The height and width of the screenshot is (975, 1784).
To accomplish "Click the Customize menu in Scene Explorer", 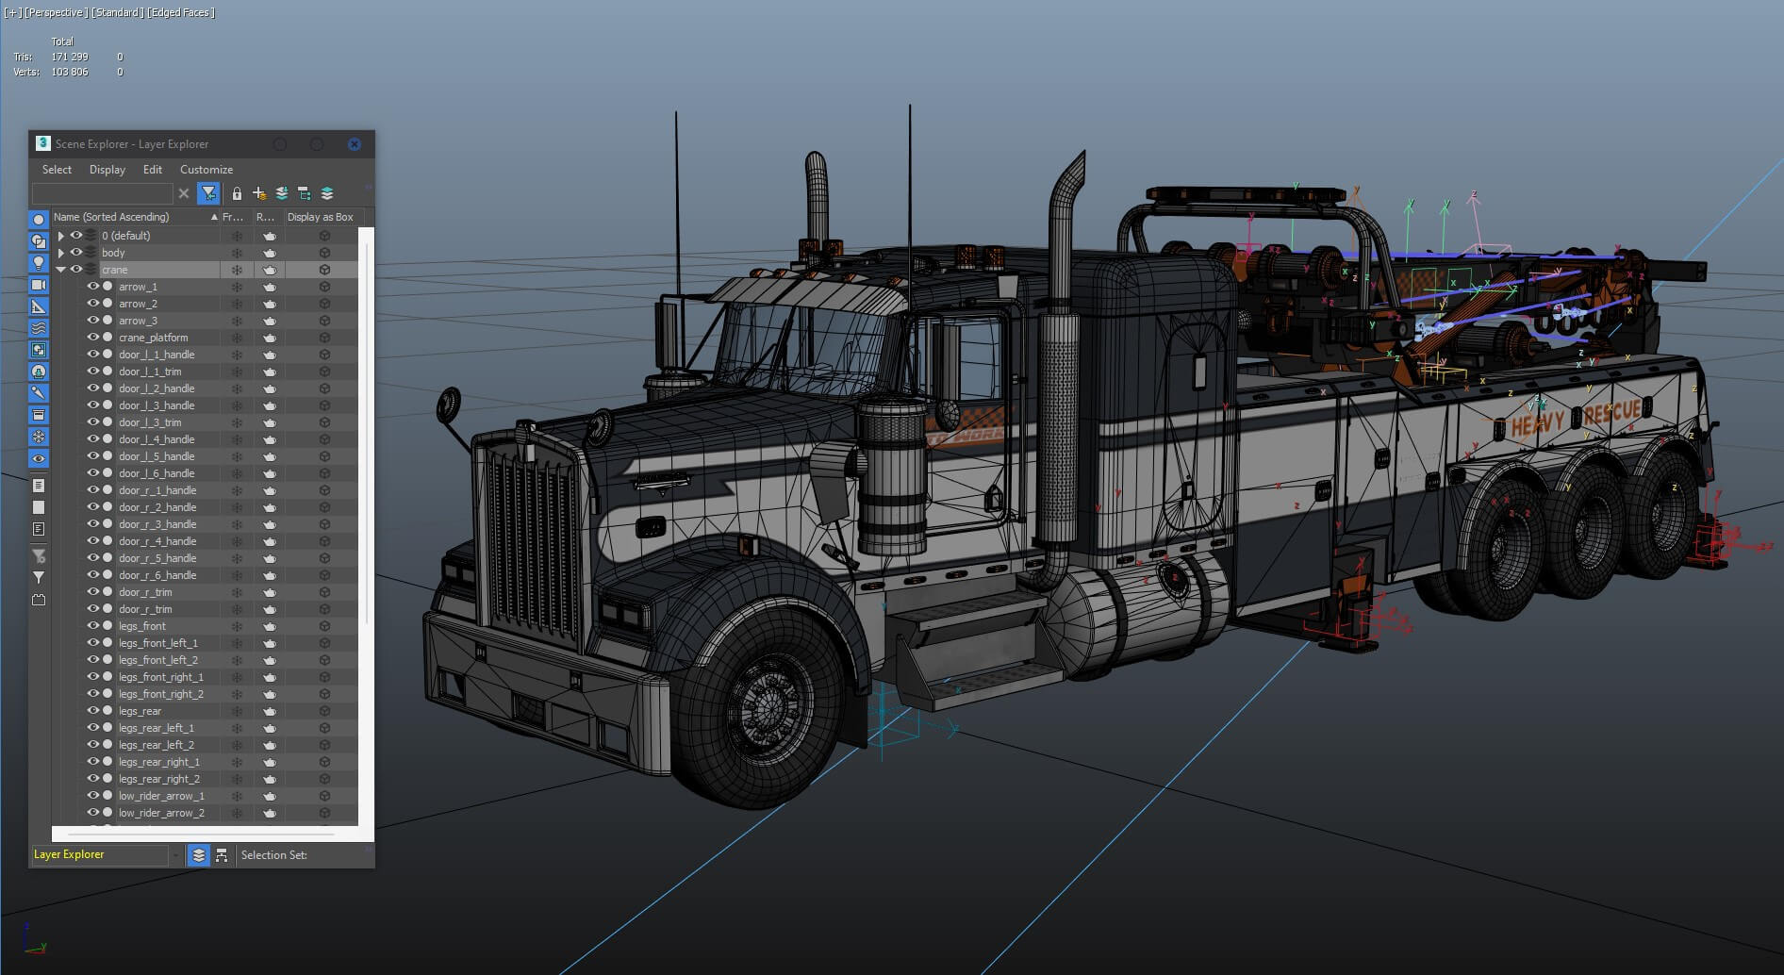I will pos(206,170).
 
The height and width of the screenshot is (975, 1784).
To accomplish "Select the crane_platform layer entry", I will pos(153,338).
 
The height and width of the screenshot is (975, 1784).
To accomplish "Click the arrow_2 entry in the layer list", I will pos(138,304).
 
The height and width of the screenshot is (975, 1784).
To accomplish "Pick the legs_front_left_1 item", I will pos(157,643).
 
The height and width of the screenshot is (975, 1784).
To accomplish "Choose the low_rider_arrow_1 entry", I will pos(161,796).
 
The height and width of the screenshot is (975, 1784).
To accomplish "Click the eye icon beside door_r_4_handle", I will pos(93,541).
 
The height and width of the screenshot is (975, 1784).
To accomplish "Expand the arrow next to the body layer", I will pos(61,253).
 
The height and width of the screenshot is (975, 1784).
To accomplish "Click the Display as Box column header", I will pos(320,217).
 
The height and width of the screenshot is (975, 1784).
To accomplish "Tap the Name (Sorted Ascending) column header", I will pos(111,217).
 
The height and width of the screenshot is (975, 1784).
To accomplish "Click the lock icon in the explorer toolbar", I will pos(237,193).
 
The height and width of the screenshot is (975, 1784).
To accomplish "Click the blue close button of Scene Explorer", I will pos(354,144).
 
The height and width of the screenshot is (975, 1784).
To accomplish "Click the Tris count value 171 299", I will pos(70,57).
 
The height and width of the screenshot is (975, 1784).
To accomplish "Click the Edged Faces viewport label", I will pos(180,12).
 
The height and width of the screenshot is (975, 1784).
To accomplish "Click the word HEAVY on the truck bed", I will pos(1537,423).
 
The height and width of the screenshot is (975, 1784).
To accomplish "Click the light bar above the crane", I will pos(1245,195).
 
